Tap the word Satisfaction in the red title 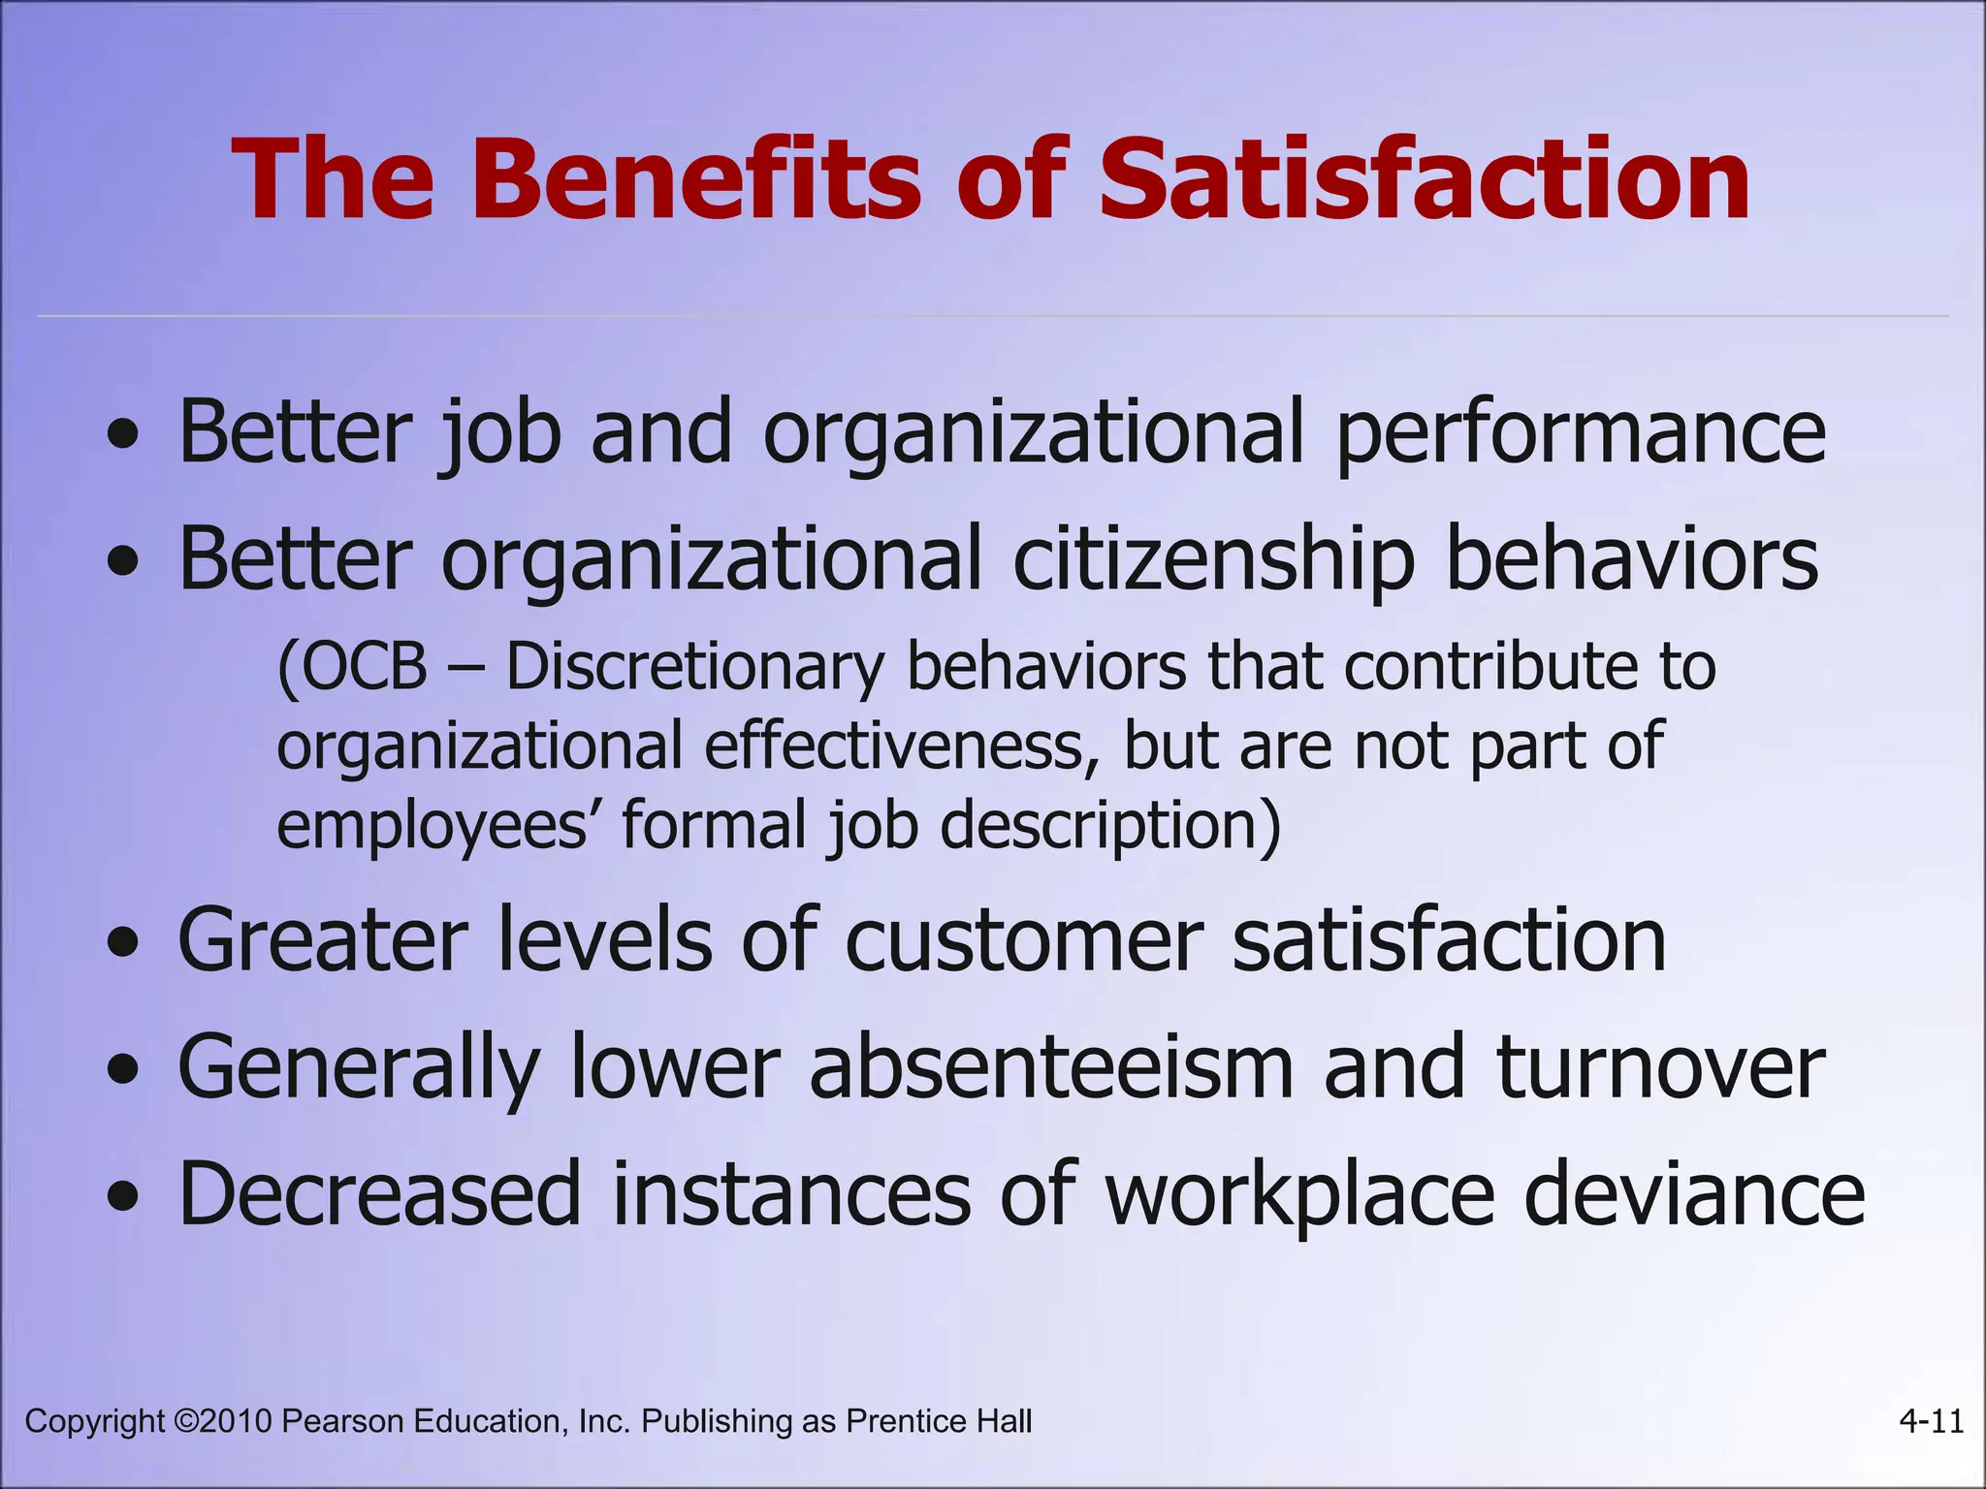coord(1425,180)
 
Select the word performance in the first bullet coord(1582,433)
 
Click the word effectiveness coord(902,746)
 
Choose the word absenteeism coord(1052,1067)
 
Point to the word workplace coord(1299,1195)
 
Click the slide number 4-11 coord(1931,1421)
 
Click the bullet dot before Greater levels coord(123,943)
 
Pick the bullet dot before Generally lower coord(123,1071)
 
